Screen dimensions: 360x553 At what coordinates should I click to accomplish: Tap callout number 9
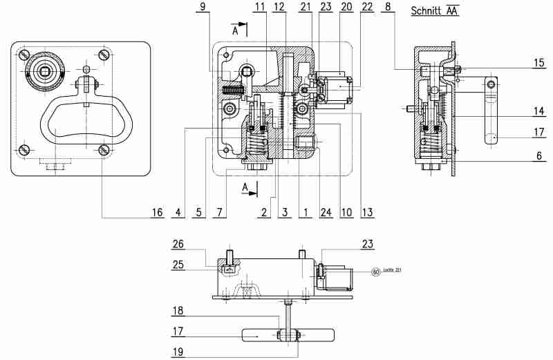point(203,7)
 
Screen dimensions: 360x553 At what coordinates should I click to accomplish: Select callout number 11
point(259,7)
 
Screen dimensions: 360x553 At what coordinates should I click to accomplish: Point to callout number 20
point(346,7)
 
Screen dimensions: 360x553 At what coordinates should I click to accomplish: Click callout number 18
point(178,312)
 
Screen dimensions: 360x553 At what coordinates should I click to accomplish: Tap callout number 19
point(178,351)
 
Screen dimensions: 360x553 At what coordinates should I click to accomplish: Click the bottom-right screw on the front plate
point(104,149)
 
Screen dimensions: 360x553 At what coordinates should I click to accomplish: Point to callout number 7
point(218,211)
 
